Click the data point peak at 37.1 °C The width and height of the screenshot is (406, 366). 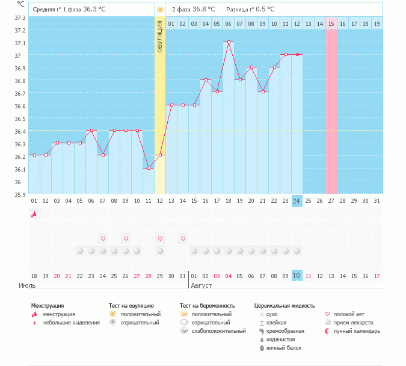(x=229, y=42)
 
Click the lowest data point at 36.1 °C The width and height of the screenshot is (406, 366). (x=149, y=168)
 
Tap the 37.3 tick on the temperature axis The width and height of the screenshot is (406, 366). (x=19, y=17)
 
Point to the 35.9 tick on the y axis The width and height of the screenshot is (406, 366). (x=19, y=194)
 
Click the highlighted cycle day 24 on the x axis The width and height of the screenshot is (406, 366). (x=297, y=200)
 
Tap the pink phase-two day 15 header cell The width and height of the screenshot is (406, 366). (x=331, y=23)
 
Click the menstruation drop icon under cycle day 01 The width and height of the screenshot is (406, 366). (x=34, y=214)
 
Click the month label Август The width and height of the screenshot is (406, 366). (x=202, y=285)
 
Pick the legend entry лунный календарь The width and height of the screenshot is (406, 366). (x=357, y=331)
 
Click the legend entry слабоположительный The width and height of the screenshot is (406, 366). (x=219, y=331)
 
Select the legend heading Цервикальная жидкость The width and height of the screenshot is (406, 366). (x=285, y=306)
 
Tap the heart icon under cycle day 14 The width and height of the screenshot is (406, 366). (x=183, y=238)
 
